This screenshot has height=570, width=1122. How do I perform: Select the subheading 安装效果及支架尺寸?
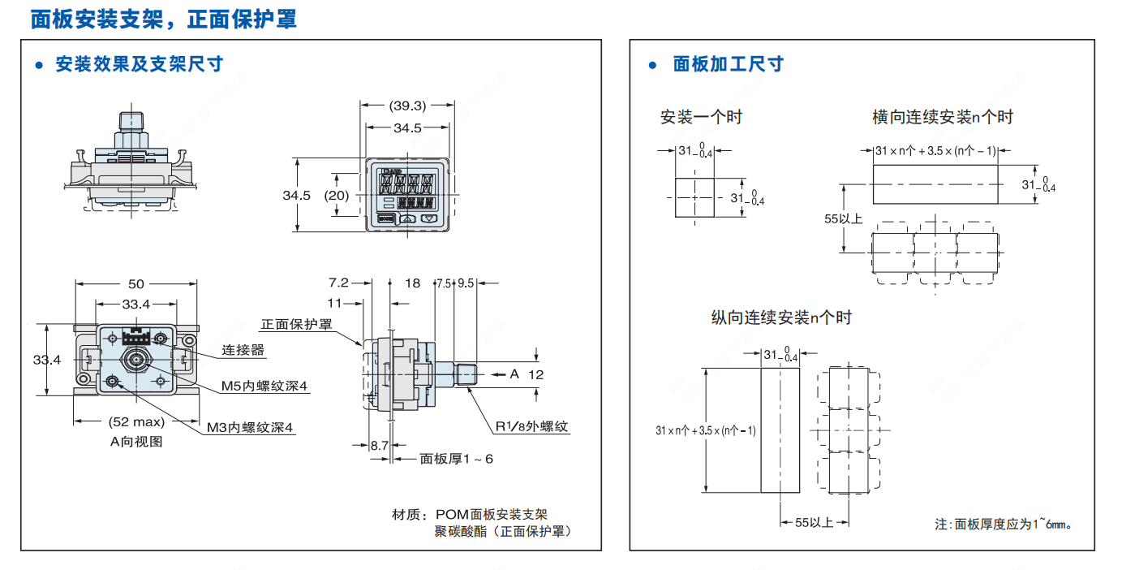139,63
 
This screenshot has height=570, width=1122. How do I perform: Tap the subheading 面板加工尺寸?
728,64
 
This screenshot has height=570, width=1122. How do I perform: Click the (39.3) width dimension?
407,106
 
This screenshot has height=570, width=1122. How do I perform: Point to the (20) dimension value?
336,195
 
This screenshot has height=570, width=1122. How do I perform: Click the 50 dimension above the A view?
136,283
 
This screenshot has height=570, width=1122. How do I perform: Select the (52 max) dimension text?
136,421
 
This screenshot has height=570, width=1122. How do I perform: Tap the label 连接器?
243,350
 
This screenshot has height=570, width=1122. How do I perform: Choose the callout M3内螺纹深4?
249,427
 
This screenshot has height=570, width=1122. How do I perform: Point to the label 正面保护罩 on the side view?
296,325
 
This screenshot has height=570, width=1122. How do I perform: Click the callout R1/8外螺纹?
531,425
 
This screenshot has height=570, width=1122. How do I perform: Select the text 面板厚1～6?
456,459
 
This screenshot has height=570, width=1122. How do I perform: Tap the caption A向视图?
136,441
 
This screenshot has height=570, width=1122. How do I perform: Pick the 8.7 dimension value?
379,445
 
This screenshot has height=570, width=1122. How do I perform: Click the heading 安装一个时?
701,117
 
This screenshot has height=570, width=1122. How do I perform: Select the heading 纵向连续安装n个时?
781,317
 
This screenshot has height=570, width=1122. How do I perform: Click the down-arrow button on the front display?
430,218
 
